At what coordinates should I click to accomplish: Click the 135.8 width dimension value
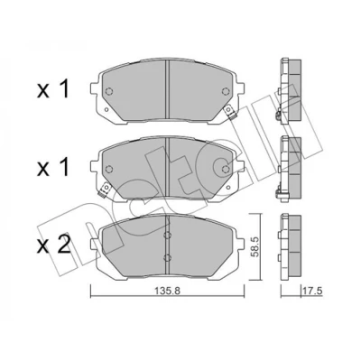pyautogui.click(x=168, y=291)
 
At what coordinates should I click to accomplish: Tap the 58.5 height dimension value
pyautogui.click(x=255, y=246)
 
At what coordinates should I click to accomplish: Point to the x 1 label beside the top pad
pyautogui.click(x=53, y=89)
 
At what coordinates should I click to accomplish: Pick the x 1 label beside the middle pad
pyautogui.click(x=53, y=168)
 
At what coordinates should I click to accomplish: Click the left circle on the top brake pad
pyautogui.click(x=109, y=91)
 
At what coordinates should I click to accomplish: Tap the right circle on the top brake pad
pyautogui.click(x=226, y=91)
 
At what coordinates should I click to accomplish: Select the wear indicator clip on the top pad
pyautogui.click(x=230, y=111)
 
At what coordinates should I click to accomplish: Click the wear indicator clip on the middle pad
pyautogui.click(x=104, y=190)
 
